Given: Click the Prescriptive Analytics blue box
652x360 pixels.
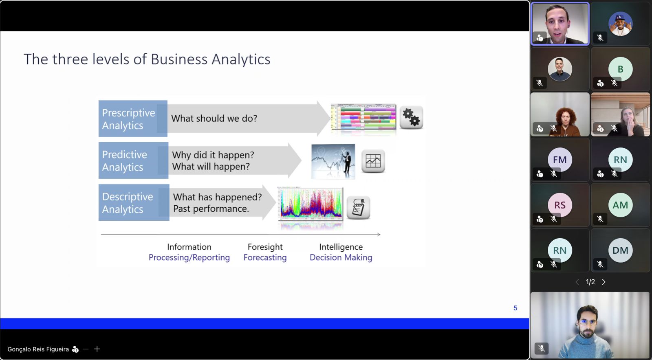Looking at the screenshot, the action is pos(133,119).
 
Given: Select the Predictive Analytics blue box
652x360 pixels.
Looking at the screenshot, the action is pos(133,160).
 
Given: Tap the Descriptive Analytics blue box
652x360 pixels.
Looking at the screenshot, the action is pos(134,202).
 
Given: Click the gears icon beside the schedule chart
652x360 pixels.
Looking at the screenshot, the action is pos(411,117).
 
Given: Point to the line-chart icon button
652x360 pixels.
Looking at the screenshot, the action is pos(373,161).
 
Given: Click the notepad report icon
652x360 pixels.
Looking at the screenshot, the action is pos(358,208).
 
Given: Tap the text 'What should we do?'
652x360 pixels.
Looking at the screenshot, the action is pos(214,119).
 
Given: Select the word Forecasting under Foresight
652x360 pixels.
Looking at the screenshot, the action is pos(265,257).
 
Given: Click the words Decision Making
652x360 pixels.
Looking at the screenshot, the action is pos(341,257).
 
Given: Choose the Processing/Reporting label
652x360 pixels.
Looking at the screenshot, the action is pos(189,257).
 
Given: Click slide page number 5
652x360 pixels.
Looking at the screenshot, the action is pos(515,308).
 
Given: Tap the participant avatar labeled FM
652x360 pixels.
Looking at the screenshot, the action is pos(560,159).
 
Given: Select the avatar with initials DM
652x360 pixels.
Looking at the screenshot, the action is pos(620,250).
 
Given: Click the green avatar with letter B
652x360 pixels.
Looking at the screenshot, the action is pos(620,69).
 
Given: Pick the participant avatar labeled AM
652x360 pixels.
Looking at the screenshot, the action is pos(620,205).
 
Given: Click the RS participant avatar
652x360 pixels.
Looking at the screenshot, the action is pos(560,205).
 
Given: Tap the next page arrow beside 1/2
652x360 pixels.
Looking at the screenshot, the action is pos(604,282).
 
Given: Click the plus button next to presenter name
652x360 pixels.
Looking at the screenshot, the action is pos(97,349).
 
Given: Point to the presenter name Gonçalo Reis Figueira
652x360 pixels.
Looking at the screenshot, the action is pos(38,349).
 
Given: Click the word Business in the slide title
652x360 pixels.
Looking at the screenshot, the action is pos(179,59).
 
